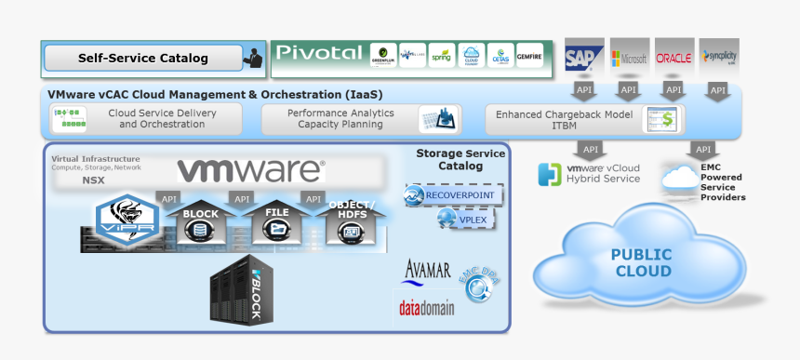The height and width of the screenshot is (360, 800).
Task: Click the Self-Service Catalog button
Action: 143,59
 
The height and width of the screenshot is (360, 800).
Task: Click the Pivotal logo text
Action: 317,53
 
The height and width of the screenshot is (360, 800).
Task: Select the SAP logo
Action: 584,58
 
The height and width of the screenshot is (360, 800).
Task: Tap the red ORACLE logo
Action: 673,58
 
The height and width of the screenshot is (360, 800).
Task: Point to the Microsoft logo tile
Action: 629,58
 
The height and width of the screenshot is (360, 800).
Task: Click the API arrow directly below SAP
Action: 584,90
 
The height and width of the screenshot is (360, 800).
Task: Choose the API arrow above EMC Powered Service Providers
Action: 703,149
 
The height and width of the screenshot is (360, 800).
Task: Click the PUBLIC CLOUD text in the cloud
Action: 641,262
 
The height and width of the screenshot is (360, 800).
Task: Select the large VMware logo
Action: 251,170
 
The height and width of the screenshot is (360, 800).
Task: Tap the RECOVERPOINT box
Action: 453,195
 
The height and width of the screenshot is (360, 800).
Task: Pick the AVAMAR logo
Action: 427,271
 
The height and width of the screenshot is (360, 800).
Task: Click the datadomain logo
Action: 425,305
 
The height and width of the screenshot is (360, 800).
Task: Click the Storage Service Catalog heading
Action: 449,159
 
